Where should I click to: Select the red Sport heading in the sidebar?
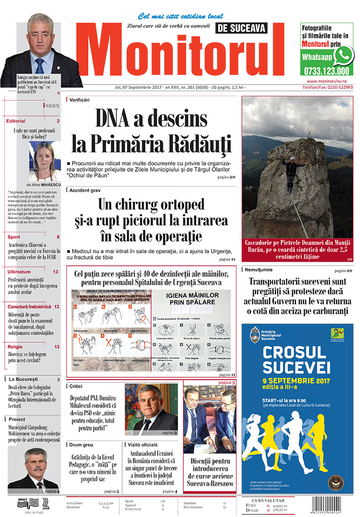pos(14,237)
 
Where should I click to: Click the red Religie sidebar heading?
pos(16,347)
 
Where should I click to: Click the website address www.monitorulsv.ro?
pos(329,81)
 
